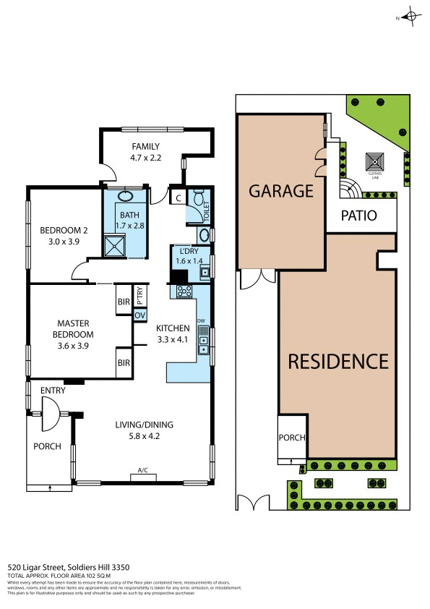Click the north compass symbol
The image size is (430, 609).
coord(410,17)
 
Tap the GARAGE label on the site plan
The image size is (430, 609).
coord(280,191)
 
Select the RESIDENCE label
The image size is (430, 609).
coord(338,361)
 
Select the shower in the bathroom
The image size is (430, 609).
coord(115,245)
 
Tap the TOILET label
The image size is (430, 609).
coord(205,210)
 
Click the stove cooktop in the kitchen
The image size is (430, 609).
coord(183,291)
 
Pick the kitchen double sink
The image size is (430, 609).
coord(205,339)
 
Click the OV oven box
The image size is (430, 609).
coord(139,315)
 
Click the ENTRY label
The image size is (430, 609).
coord(53,391)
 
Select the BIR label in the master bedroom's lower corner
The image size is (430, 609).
coord(123,363)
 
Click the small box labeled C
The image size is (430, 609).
coord(177,196)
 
